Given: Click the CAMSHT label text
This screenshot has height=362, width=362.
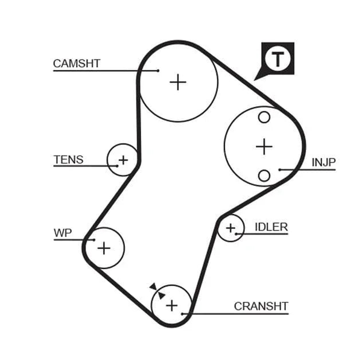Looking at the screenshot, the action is pyautogui.click(x=77, y=63).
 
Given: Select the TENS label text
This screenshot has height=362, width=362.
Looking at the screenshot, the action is pyautogui.click(x=69, y=159).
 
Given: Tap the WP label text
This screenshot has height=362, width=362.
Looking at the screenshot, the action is pyautogui.click(x=63, y=233).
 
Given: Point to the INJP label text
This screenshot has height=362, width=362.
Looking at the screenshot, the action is pyautogui.click(x=323, y=162).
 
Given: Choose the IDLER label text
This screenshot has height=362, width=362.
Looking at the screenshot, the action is pyautogui.click(x=271, y=227).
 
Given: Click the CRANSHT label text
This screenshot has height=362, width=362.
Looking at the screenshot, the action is pyautogui.click(x=261, y=306).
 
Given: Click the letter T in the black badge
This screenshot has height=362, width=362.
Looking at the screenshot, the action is pyautogui.click(x=278, y=59).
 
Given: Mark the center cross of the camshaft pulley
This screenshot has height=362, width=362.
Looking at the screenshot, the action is pyautogui.click(x=178, y=82).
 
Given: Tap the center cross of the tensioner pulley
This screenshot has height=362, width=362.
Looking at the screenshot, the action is pyautogui.click(x=123, y=160).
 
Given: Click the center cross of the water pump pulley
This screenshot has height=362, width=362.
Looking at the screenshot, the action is pyautogui.click(x=104, y=248).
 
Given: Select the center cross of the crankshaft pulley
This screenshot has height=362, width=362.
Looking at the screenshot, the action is pyautogui.click(x=172, y=306).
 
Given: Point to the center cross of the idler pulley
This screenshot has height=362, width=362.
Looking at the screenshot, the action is pyautogui.click(x=230, y=228).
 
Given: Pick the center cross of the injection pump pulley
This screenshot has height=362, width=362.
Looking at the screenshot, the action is pyautogui.click(x=264, y=147).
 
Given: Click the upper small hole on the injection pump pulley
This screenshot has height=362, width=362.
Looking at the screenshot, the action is pyautogui.click(x=264, y=117).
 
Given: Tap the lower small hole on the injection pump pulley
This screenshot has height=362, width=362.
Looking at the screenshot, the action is pyautogui.click(x=264, y=176).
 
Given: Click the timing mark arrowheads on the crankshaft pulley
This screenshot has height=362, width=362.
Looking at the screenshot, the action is pyautogui.click(x=157, y=291).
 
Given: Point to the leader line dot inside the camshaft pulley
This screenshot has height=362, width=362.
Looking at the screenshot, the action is pyautogui.click(x=158, y=71).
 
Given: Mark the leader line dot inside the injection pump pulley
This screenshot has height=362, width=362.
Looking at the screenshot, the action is pyautogui.click(x=279, y=170).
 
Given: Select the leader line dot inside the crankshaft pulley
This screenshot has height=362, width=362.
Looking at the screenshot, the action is pyautogui.click(x=182, y=314).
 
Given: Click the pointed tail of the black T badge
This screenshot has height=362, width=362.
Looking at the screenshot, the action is pyautogui.click(x=254, y=80).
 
